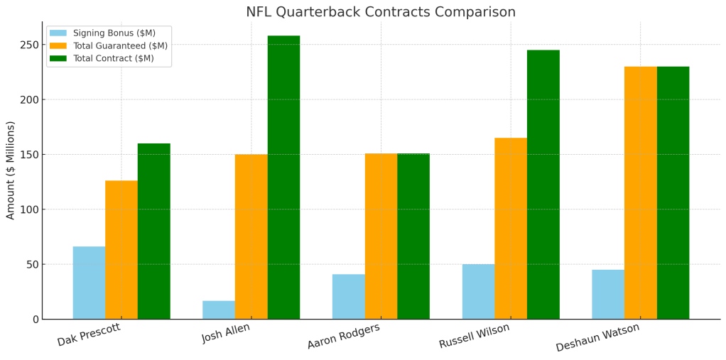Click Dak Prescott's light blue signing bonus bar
coord(89,283)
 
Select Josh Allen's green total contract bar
coord(283,178)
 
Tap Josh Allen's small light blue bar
coord(218,310)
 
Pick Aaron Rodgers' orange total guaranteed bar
coord(381,236)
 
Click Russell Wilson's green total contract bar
coord(543,185)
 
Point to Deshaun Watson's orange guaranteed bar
coord(640,192)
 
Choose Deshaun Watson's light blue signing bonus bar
coord(607,294)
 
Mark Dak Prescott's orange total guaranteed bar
coord(121,249)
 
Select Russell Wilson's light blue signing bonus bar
coord(478,291)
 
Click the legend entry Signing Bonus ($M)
coord(114,33)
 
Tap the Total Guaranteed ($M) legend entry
coord(120,46)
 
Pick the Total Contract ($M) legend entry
coord(113,58)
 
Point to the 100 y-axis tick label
coord(28,209)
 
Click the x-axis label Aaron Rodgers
coord(344,336)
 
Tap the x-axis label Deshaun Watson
coord(597,337)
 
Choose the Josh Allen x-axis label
coord(225,333)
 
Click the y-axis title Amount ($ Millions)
coord(11,170)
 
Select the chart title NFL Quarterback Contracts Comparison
coord(381,12)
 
